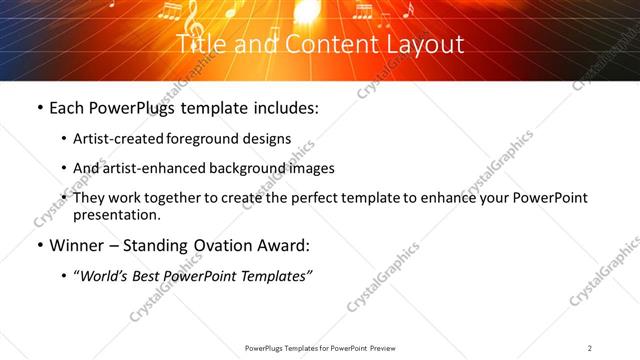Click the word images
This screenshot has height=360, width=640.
[308, 169]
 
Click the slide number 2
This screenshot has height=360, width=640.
[590, 348]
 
